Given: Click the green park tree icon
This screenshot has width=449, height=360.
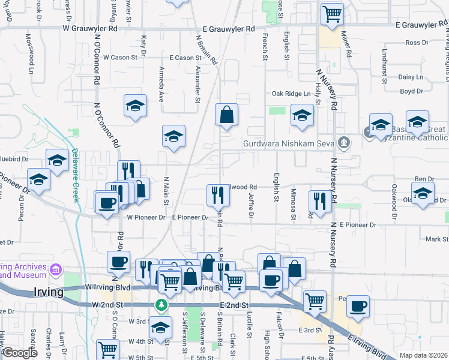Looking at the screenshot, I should (x=161, y=305).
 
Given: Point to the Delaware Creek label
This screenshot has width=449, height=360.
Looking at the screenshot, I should (x=76, y=175).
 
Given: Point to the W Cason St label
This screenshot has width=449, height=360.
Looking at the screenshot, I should (x=119, y=58).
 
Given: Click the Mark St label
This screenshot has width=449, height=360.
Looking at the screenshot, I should (x=432, y=239).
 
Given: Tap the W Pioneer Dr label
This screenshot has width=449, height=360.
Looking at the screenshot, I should (x=145, y=217).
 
